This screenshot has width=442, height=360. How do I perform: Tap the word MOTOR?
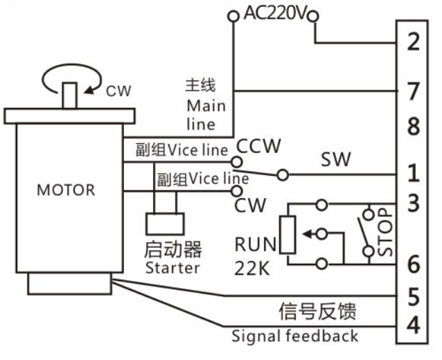coord(66,190)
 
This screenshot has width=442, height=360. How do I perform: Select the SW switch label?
coord(335,160)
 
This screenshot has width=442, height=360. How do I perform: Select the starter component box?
coord(165,224)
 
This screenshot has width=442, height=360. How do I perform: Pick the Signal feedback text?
coord(295,336)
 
